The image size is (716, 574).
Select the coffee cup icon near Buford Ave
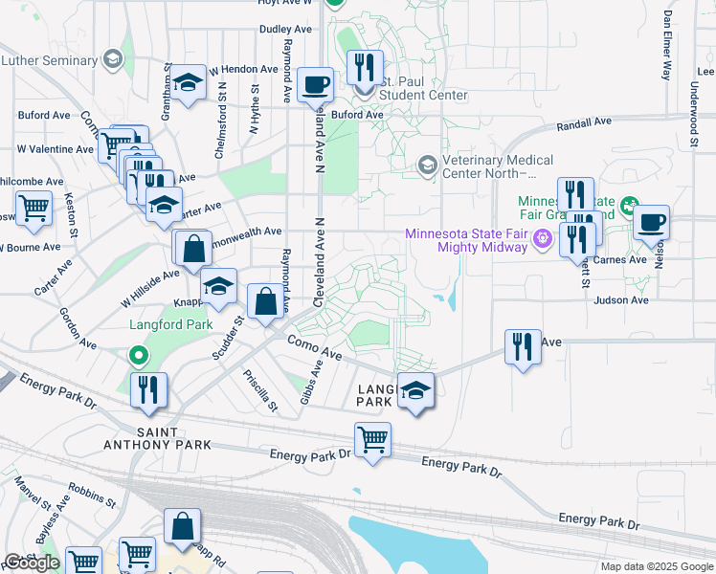point(315,84)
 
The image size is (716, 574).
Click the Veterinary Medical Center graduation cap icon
point(427,166)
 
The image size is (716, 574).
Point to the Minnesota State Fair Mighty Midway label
point(467,240)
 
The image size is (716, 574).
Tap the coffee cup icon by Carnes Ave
point(651,222)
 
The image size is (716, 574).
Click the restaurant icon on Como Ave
point(523,346)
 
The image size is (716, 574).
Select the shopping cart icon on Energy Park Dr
point(372,439)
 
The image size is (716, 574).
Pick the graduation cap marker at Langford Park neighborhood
point(414,389)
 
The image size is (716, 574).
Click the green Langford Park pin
point(138,357)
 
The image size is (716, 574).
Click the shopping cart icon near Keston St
point(34,207)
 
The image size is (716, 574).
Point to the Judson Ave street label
point(620,299)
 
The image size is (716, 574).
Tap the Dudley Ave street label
point(285,30)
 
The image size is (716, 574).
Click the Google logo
point(32,563)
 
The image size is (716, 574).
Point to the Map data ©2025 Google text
point(655,566)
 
